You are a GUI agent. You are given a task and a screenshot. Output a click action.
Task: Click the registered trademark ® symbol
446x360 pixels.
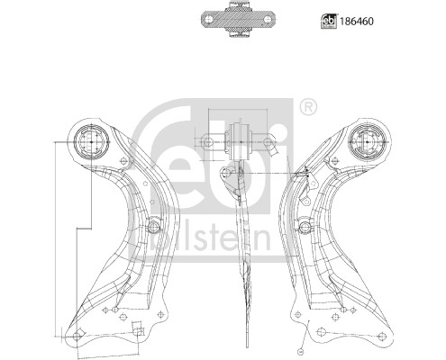pos(309,109)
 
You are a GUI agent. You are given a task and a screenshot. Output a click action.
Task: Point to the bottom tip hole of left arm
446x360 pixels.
pos(77,335)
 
